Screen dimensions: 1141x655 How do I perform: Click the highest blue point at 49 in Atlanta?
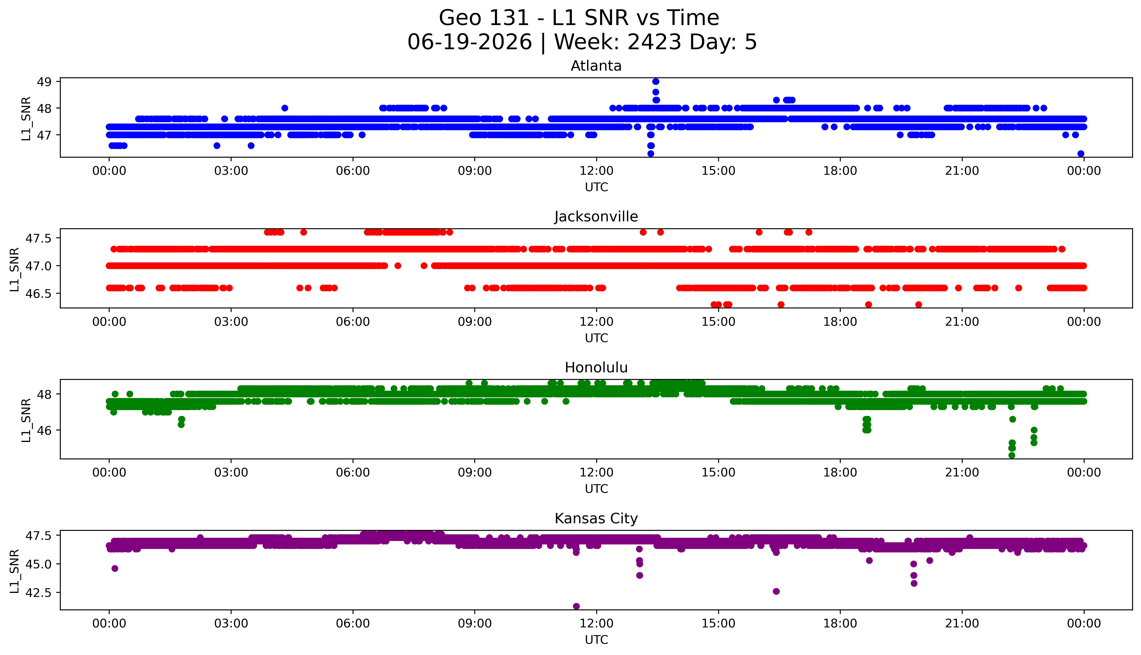(x=656, y=81)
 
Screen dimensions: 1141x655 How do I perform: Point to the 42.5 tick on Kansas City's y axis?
(x=39, y=592)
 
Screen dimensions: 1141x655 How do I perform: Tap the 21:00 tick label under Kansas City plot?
(x=962, y=623)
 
